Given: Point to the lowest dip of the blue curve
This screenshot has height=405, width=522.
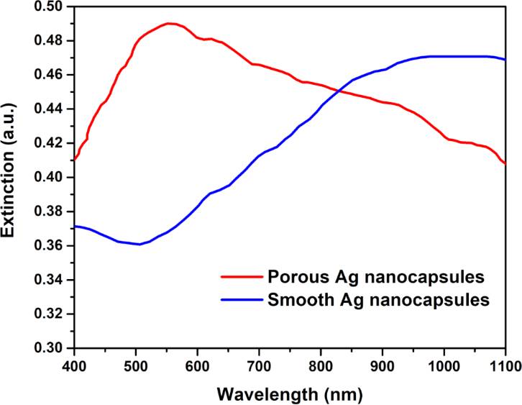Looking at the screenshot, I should tap(139, 245).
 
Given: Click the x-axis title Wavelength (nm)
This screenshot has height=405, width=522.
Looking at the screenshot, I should tap(291, 394).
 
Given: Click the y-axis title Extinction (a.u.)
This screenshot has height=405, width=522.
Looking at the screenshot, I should tap(10, 176).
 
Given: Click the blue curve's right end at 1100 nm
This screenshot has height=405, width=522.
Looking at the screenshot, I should tap(505, 59).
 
